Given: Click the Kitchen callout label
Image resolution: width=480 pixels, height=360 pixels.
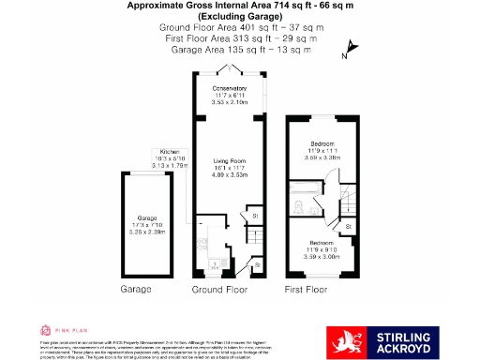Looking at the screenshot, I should pos(169,152).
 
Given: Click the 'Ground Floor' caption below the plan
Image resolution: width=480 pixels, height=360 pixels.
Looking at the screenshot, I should pos(221,290).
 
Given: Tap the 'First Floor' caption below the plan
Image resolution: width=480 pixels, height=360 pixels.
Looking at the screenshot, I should pos(309,290).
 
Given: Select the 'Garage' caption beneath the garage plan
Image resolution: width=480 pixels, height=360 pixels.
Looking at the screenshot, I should pos(135,290).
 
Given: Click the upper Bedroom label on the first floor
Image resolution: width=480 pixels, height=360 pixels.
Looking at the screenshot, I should pos(322,143).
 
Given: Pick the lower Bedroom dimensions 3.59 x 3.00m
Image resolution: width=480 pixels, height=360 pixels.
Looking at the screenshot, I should pos(322,254).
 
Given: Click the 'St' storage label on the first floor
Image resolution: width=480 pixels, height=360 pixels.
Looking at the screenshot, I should pos(348,226).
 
